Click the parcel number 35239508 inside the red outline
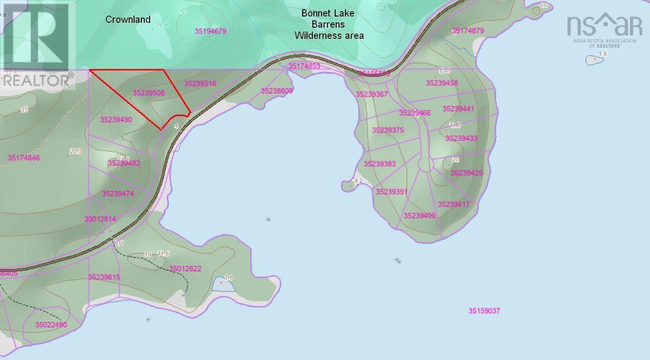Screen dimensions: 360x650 pyautogui.click(x=149, y=92)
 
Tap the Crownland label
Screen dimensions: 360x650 pyautogui.click(x=128, y=20)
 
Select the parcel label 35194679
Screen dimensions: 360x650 pyautogui.click(x=211, y=31)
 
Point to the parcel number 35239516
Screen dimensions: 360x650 pyautogui.click(x=200, y=84)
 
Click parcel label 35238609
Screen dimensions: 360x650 pyautogui.click(x=277, y=91)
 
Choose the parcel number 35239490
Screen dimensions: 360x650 pyautogui.click(x=116, y=120)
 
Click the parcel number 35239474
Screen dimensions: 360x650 pyautogui.click(x=118, y=194)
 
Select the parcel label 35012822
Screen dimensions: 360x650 pyautogui.click(x=185, y=269)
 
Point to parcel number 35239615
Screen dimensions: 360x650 pyautogui.click(x=104, y=277)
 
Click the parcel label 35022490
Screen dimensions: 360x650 pyautogui.click(x=51, y=325)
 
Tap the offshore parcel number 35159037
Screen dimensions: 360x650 pyautogui.click(x=484, y=311)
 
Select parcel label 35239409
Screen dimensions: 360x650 pyautogui.click(x=419, y=216)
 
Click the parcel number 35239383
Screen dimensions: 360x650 pyautogui.click(x=379, y=164)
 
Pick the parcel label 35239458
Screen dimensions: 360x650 pyautogui.click(x=442, y=83)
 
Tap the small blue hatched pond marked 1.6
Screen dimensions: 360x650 pyautogui.click(x=224, y=285)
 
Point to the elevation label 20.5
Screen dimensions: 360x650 pyautogui.click(x=76, y=152)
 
